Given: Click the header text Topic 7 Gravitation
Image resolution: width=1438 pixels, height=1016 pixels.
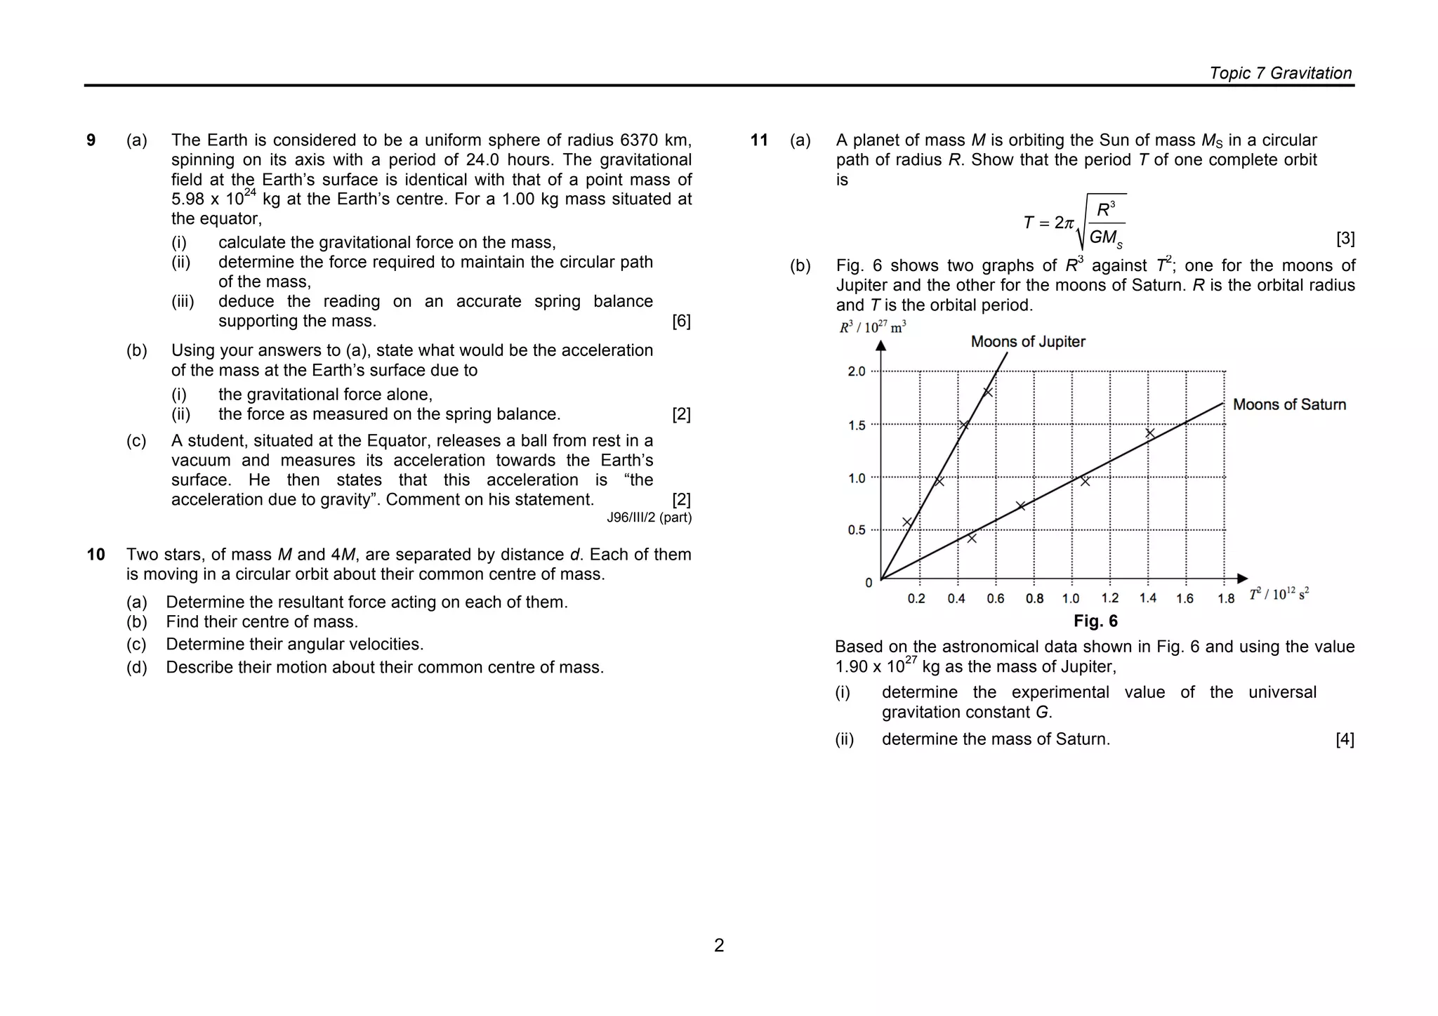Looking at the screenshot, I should pos(1280,73).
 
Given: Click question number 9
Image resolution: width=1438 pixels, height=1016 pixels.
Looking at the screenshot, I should pos(91,140).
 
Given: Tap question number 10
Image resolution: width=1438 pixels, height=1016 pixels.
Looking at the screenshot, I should pos(95,555).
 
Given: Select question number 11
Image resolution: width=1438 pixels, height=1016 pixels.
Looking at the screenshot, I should pos(759,140).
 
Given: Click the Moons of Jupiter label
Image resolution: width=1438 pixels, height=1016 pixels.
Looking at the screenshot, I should pos(1027,342).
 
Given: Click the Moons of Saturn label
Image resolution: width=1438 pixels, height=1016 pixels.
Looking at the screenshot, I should pos(1289,404).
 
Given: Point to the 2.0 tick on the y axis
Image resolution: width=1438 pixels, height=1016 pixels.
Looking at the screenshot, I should pos(857,371).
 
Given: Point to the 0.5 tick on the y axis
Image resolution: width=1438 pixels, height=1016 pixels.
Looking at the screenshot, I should pos(857,530).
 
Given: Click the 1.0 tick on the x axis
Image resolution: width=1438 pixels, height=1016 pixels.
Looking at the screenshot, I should pos(1070,599).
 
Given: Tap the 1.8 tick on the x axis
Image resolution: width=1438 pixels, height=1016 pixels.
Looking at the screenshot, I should pos(1226,599).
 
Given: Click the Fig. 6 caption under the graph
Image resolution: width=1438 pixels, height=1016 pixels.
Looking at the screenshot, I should pos(1095,621).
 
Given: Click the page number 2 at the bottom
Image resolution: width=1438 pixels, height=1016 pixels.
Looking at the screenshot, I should pos(719,945).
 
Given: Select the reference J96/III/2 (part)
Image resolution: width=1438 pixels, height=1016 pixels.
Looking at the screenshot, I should pos(649,518).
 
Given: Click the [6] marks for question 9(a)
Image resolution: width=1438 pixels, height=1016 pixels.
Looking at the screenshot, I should pos(681,322).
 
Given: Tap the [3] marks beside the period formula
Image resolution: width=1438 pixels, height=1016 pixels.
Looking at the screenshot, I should pos(1345,239).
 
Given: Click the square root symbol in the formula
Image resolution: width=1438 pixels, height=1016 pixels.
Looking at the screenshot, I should pos(1082,221).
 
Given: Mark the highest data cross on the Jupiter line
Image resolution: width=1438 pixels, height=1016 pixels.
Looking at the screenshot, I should pos(988,392).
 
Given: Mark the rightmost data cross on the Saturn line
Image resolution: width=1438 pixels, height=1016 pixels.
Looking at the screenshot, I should pos(1150,433).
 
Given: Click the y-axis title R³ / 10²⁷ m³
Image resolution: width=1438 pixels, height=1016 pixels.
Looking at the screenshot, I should pos(872,327).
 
